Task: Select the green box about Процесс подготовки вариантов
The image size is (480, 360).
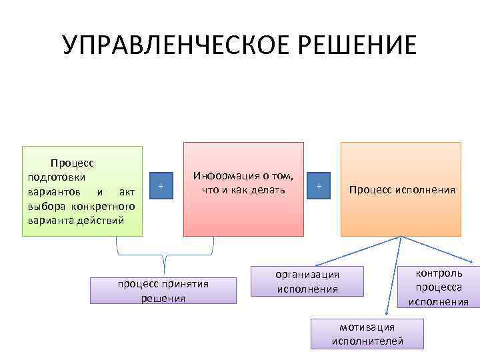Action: (x=83, y=191)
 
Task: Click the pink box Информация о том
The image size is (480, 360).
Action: (x=243, y=189)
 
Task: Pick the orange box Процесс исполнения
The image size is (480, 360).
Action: (x=401, y=190)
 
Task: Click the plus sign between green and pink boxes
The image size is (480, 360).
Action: (x=161, y=186)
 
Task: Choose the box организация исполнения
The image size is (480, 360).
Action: (x=307, y=281)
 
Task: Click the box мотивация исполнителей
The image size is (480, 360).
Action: (x=367, y=333)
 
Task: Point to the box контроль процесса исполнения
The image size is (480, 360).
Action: (x=439, y=287)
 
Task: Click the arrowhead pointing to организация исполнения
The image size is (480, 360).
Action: (x=317, y=267)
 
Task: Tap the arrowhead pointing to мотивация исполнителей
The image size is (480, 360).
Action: (x=386, y=314)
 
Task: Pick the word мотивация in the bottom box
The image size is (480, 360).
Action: (x=367, y=327)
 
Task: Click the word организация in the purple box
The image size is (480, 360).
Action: (x=307, y=275)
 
